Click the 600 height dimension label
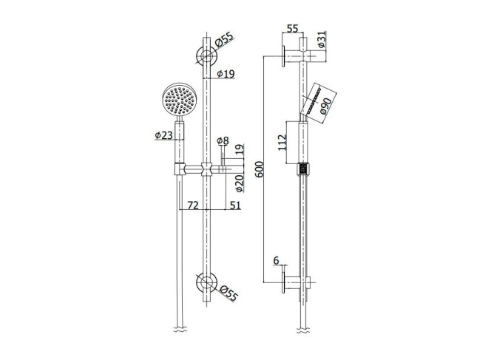(x=260, y=169)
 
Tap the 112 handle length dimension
(x=282, y=143)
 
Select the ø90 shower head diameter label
(x=325, y=106)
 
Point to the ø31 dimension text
(x=322, y=40)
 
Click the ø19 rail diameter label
(x=226, y=74)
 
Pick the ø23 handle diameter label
(x=163, y=135)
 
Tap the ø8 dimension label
(x=223, y=141)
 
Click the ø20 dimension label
(x=240, y=183)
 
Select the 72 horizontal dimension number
(x=193, y=206)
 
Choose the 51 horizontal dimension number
(x=235, y=206)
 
